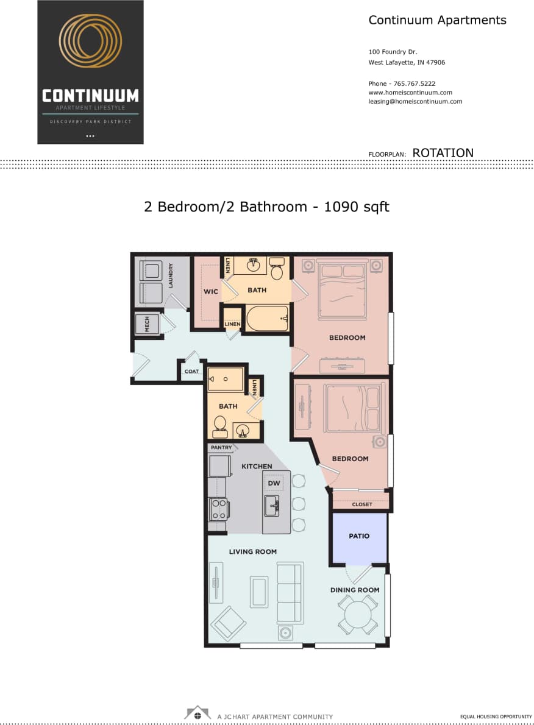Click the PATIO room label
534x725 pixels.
(x=359, y=536)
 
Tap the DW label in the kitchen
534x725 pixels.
(x=274, y=484)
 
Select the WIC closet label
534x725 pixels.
(x=211, y=292)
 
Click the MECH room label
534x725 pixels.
(x=147, y=325)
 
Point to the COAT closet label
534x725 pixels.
(x=191, y=371)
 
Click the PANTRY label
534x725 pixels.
(x=221, y=448)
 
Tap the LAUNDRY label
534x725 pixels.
(x=171, y=275)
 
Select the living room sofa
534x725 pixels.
(x=290, y=593)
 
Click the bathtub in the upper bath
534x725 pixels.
(x=266, y=318)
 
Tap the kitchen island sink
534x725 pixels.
(x=272, y=505)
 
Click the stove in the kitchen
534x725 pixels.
(x=218, y=509)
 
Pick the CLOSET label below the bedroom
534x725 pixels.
(x=362, y=504)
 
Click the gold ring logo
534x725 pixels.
(x=90, y=41)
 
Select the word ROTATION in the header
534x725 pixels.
(x=443, y=153)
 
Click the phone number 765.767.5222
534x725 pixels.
(x=415, y=83)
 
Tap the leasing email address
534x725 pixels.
(x=415, y=102)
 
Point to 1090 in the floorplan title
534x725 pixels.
(x=339, y=207)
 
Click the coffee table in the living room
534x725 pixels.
(x=259, y=592)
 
